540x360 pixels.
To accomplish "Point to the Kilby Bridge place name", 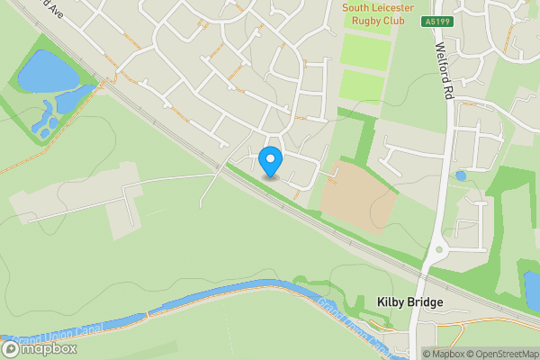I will (409, 302).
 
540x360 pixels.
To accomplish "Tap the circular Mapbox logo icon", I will (12, 348).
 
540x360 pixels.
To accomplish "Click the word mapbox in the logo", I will (49, 348).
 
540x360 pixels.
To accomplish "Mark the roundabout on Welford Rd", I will (438, 250).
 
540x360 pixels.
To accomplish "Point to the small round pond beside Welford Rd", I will (461, 175).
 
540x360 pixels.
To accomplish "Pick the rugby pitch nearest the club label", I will (365, 50).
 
